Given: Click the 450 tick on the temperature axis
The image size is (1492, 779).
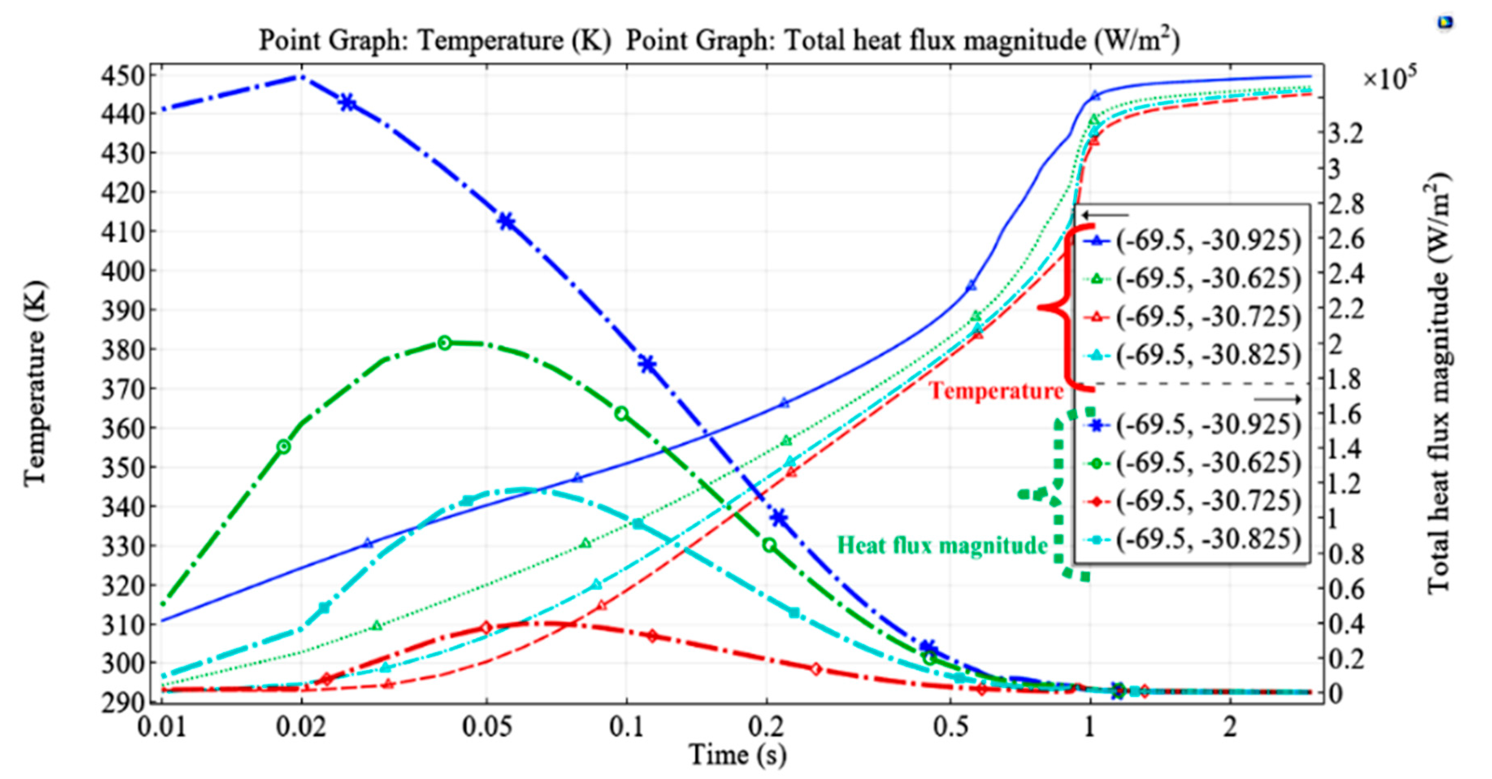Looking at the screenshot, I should (122, 76).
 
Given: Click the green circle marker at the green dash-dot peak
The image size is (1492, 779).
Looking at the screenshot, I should (444, 343).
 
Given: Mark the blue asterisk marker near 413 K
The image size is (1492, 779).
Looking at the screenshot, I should (507, 221).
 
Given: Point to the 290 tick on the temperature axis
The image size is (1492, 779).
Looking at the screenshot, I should (122, 702).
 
